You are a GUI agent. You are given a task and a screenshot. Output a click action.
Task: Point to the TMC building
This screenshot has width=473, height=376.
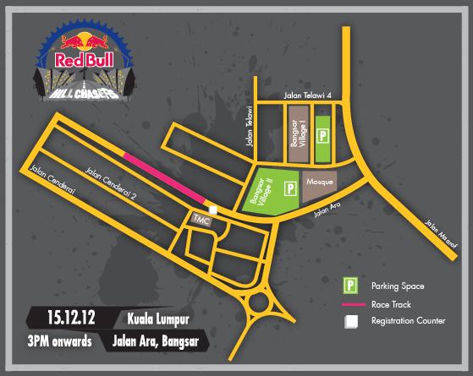click(x=201, y=218)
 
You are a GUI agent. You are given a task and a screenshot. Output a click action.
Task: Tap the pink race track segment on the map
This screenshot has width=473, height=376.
click(x=164, y=177)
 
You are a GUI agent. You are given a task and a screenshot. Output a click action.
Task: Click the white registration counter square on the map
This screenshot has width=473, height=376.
click(x=213, y=210)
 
